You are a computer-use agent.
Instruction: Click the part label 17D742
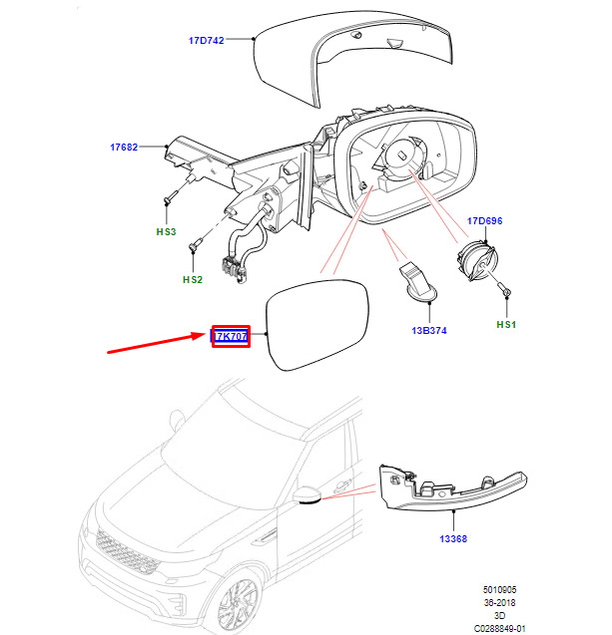(206, 41)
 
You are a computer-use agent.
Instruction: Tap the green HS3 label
(165, 231)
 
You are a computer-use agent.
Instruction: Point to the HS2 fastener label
(192, 280)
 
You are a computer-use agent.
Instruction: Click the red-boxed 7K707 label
(231, 336)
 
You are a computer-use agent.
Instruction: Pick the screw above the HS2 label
(199, 242)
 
